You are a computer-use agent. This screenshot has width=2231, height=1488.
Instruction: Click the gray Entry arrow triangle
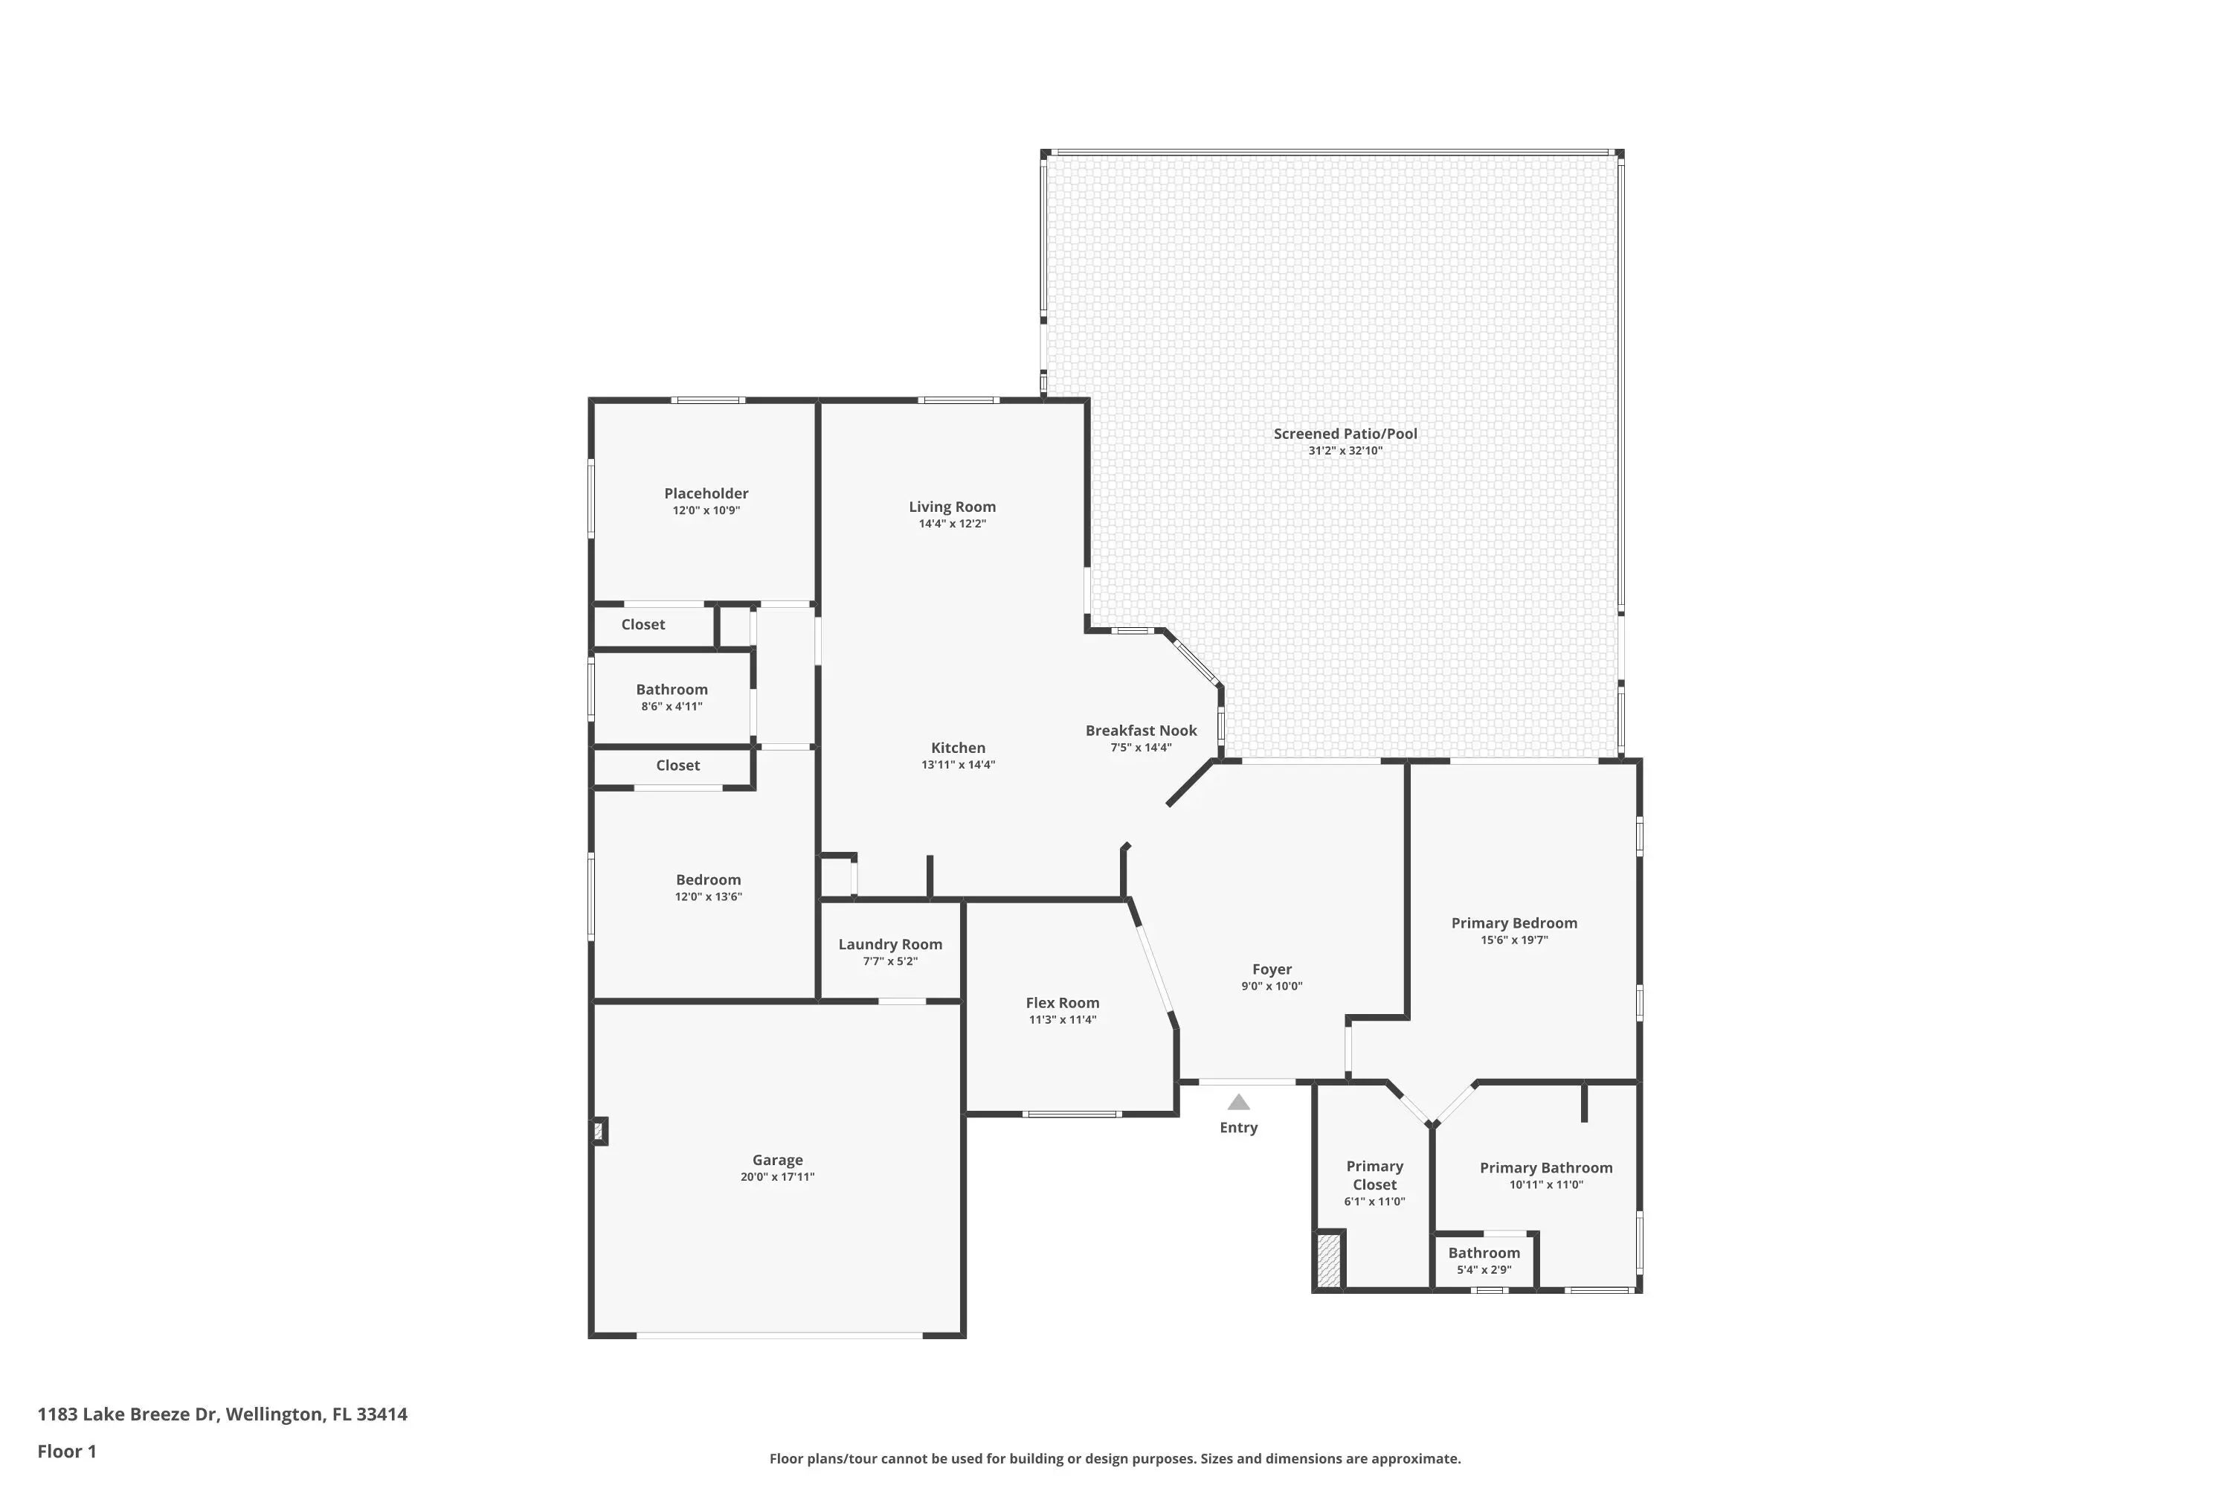tap(1239, 1102)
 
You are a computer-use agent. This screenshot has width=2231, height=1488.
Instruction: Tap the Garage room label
tap(778, 1160)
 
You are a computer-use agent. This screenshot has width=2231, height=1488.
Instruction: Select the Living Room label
tap(953, 507)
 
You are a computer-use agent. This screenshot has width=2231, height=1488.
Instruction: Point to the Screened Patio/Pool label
tap(1345, 434)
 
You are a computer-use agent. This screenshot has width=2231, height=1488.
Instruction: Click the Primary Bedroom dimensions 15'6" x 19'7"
tap(1514, 940)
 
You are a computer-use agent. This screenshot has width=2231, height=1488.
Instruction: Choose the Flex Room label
tap(1063, 1003)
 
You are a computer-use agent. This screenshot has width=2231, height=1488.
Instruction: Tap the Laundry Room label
tap(889, 944)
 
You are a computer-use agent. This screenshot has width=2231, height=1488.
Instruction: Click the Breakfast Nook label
tap(1141, 731)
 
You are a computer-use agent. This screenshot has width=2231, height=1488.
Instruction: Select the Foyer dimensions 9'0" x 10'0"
tap(1272, 986)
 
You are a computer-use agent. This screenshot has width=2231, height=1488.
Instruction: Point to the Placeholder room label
tap(706, 493)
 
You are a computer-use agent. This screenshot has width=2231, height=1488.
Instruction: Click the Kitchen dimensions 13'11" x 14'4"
tap(958, 765)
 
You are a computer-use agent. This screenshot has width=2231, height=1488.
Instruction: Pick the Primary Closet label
tap(1374, 1175)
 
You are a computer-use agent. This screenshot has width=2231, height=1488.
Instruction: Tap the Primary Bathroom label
tap(1546, 1168)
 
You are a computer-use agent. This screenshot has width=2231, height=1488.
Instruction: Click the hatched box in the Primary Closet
tap(1329, 1260)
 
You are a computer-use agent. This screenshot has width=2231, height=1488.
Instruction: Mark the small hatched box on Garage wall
tap(599, 1131)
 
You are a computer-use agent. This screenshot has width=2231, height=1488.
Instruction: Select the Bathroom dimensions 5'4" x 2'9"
tap(1484, 1270)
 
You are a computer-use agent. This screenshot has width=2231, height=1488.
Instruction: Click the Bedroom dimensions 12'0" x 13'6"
tap(709, 897)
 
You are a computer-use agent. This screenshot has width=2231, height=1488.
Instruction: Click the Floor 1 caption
tap(68, 1451)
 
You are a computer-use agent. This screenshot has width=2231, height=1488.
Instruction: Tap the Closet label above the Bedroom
tap(677, 765)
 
